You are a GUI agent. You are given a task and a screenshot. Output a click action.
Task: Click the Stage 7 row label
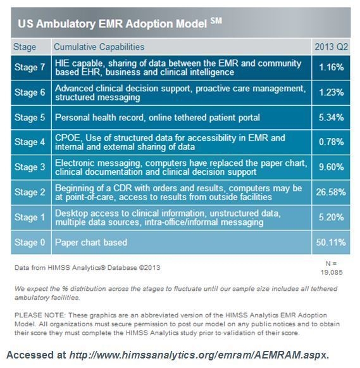(x=30, y=67)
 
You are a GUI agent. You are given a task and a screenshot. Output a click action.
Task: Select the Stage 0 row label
(x=30, y=242)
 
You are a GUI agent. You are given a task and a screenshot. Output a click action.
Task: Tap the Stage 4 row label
(x=30, y=143)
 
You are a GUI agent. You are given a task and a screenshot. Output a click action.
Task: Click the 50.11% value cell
(x=331, y=242)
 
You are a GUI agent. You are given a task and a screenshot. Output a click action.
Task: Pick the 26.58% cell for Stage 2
(x=331, y=192)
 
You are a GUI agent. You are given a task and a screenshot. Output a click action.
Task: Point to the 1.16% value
(x=332, y=67)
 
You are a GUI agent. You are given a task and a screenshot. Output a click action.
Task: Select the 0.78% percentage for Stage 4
(x=332, y=143)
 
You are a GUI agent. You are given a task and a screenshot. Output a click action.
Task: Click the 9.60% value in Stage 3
(x=332, y=167)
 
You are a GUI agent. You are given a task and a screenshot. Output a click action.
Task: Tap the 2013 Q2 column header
(x=332, y=47)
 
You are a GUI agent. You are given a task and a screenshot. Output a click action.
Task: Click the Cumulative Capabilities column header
(x=99, y=47)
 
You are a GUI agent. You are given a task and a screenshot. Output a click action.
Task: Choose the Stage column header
(x=25, y=47)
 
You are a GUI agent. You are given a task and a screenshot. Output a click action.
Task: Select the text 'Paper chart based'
(x=90, y=242)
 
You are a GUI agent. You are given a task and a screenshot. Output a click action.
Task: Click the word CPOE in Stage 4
(x=68, y=137)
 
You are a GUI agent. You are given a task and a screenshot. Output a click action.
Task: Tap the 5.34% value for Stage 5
(x=332, y=117)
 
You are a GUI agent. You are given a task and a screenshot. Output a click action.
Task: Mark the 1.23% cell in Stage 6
(x=332, y=92)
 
